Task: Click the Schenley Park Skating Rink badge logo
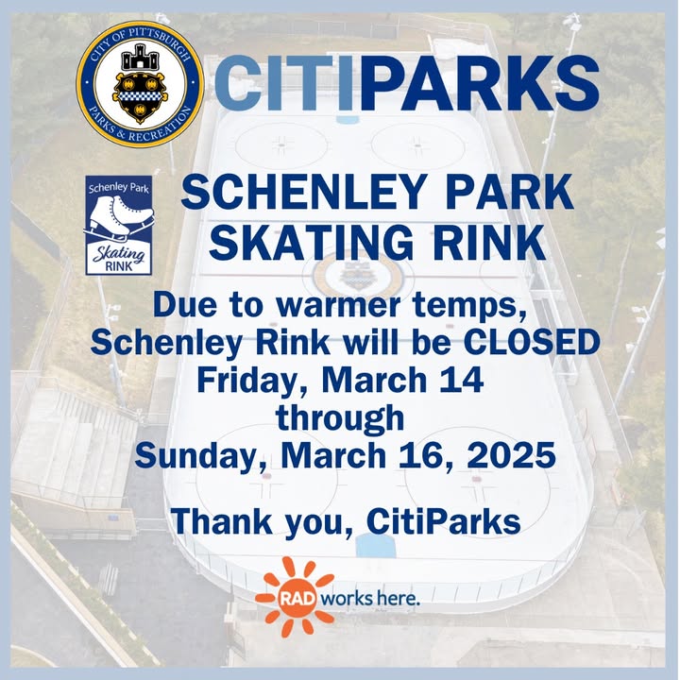pyautogui.click(x=119, y=225)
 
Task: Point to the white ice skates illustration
pyautogui.click(x=121, y=218)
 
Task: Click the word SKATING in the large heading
pyautogui.click(x=311, y=243)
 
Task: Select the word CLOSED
pyautogui.click(x=532, y=342)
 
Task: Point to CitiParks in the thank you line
pyautogui.click(x=443, y=521)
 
